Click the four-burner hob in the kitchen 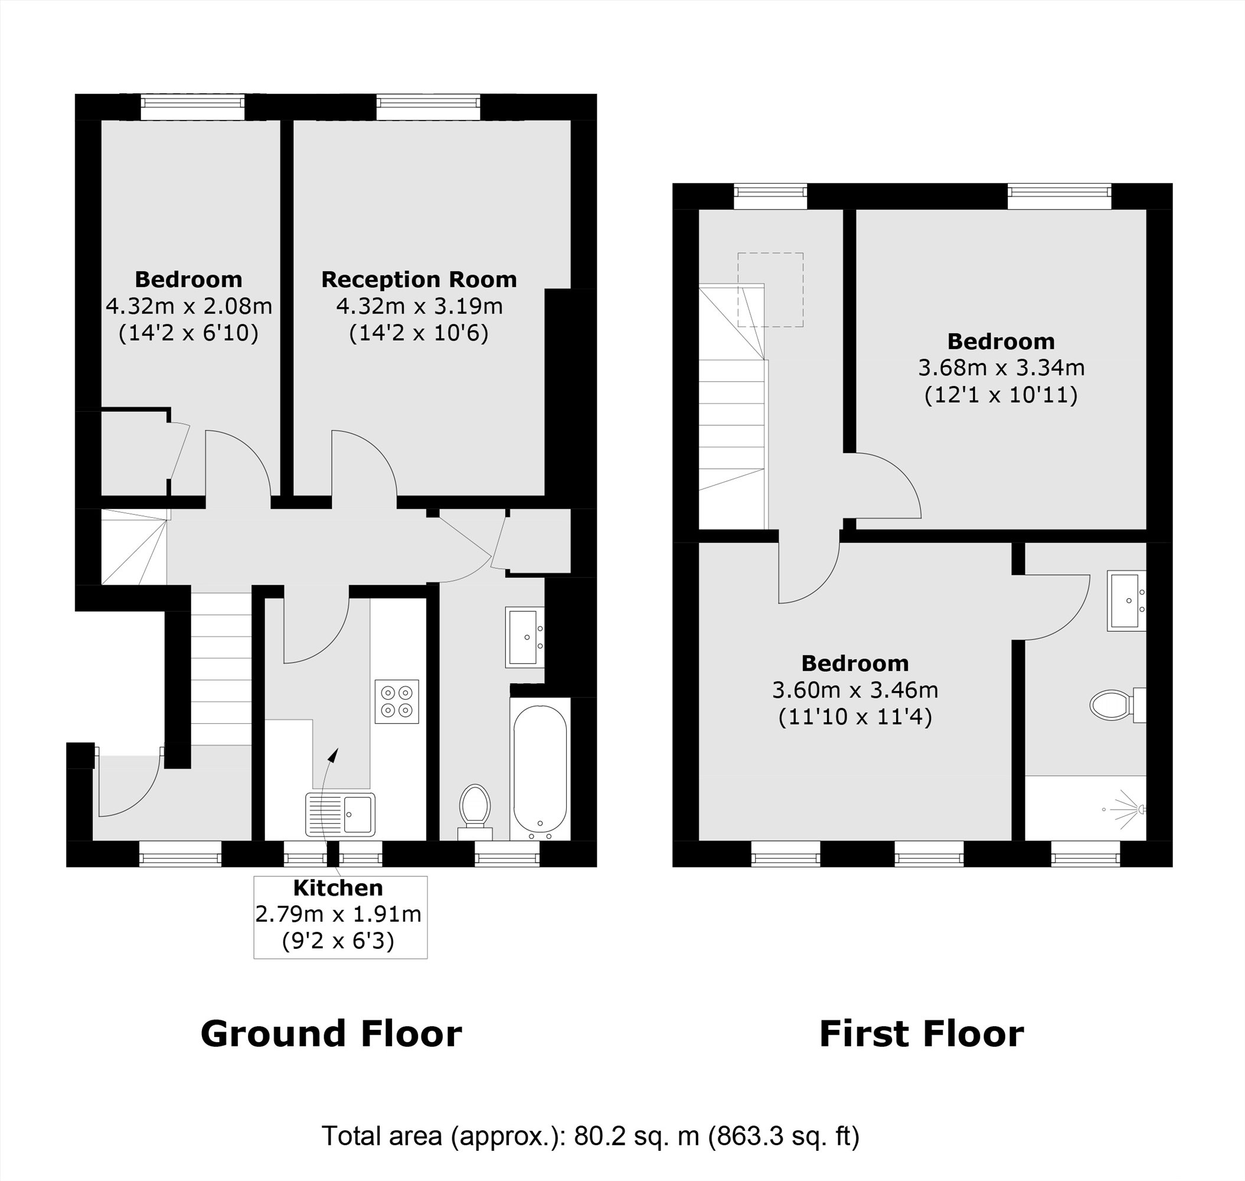pos(397,702)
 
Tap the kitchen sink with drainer pos(340,814)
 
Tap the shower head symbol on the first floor pos(1133,810)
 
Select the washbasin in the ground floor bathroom pos(524,637)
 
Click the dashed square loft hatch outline pos(770,289)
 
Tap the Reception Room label pos(419,279)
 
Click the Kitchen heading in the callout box pos(338,888)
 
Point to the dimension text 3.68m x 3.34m pos(1001,368)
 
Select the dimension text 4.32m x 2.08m pos(188,306)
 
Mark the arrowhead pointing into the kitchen pos(335,754)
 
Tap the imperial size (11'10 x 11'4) pos(855,717)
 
